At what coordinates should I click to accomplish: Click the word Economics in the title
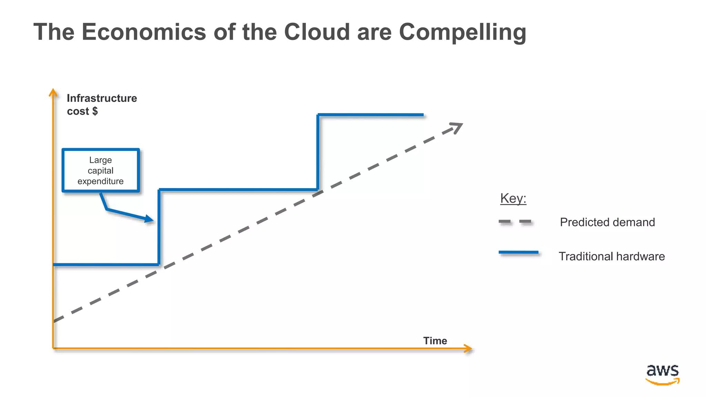tap(144, 32)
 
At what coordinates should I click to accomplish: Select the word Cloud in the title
tap(317, 32)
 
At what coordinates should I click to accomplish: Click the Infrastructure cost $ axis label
tap(102, 105)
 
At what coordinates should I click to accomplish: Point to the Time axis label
tap(435, 340)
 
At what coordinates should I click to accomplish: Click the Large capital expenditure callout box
tap(101, 170)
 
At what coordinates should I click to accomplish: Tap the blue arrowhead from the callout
tap(149, 219)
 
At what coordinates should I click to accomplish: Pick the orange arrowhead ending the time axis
tap(468, 348)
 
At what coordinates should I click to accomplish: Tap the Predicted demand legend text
tap(607, 222)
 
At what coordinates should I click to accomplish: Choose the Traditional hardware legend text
tap(612, 256)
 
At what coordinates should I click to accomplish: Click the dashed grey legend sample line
tap(516, 222)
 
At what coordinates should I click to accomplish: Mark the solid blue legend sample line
tap(518, 253)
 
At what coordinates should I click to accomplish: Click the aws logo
tap(662, 374)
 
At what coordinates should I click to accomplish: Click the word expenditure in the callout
tap(100, 181)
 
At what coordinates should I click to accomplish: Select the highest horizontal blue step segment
tap(371, 115)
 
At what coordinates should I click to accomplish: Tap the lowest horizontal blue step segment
tap(106, 265)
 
